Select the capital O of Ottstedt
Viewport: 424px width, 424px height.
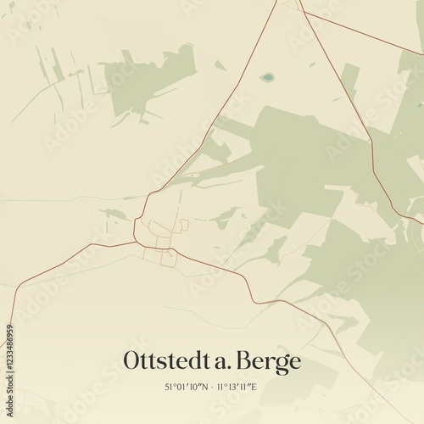point(133,360)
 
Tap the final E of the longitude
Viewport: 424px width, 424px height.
point(256,388)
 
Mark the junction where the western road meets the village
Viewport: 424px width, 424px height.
point(135,242)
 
